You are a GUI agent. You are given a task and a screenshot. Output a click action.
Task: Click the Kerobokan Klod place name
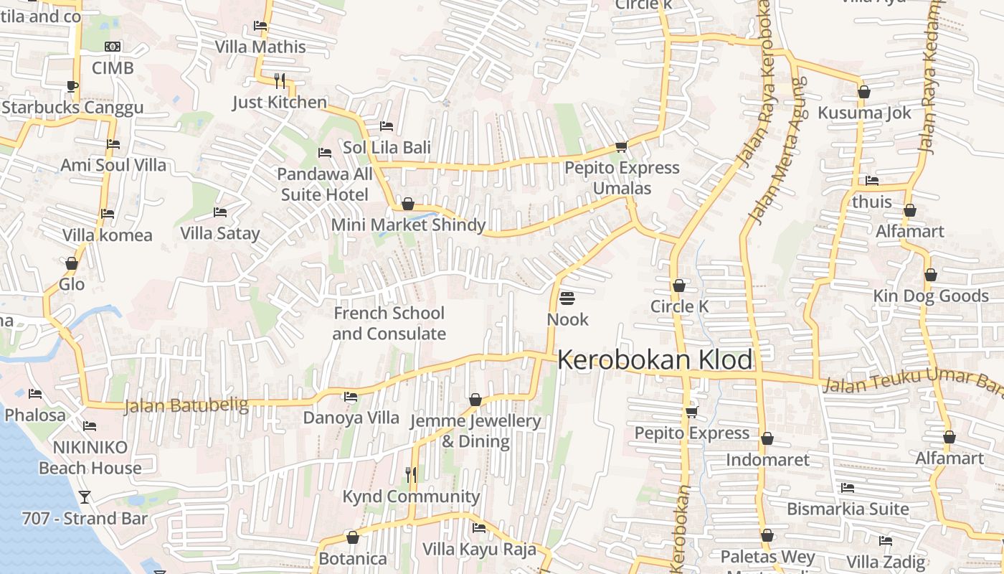(x=655, y=360)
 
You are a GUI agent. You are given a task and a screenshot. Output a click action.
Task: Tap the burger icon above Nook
(x=567, y=298)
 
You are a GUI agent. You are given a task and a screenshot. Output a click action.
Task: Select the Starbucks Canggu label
(x=72, y=108)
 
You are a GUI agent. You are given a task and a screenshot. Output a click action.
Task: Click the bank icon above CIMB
(x=113, y=47)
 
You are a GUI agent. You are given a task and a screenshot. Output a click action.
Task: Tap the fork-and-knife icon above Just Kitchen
(x=280, y=80)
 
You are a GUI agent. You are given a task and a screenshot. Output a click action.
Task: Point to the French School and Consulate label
(x=389, y=324)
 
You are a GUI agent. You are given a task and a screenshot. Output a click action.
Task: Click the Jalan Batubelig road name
(x=186, y=406)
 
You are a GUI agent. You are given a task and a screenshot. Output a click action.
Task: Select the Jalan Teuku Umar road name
(x=911, y=381)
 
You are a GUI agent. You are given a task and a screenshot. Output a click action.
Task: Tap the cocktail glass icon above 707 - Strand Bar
(x=85, y=497)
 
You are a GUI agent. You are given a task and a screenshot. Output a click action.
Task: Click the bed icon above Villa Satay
(x=220, y=212)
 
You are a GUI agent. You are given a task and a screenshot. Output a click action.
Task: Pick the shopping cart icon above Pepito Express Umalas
(x=621, y=146)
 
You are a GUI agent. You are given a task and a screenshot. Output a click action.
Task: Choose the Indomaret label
(x=767, y=460)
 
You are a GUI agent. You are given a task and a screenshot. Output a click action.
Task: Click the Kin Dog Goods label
(x=930, y=296)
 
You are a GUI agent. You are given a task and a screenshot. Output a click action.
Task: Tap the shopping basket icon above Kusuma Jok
(x=864, y=92)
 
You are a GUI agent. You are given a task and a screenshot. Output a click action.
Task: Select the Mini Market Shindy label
(x=408, y=225)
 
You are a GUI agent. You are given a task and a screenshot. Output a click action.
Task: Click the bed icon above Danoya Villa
(x=351, y=396)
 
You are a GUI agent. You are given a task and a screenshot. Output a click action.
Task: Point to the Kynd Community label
(x=411, y=497)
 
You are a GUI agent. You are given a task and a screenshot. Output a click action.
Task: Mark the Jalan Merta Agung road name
(x=776, y=151)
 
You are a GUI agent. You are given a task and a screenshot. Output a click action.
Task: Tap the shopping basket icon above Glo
(x=71, y=263)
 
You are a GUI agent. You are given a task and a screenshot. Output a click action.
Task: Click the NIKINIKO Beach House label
(x=90, y=458)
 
